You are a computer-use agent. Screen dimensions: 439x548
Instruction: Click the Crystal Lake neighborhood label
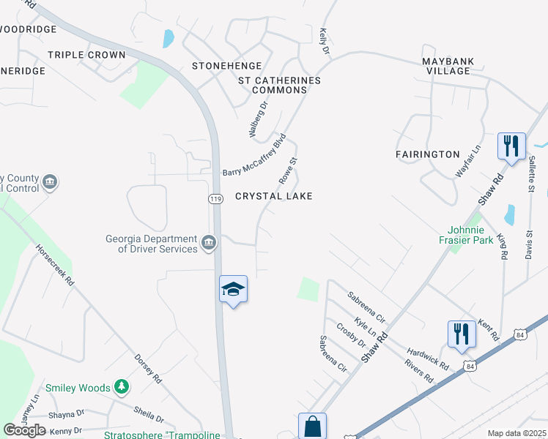[273, 196]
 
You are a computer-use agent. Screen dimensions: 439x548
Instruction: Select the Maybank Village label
[445, 66]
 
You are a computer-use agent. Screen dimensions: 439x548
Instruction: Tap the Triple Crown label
[86, 55]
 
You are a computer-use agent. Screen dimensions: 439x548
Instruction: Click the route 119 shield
[215, 198]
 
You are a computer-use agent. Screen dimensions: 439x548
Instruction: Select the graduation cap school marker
[233, 290]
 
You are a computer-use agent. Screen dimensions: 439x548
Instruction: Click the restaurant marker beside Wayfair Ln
[511, 145]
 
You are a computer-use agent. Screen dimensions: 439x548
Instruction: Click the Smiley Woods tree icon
[122, 388]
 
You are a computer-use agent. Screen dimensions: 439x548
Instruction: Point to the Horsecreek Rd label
[55, 264]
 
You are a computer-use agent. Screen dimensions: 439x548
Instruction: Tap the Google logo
[24, 430]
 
